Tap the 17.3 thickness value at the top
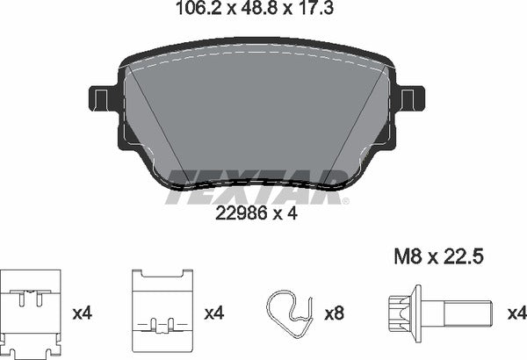pos(319,11)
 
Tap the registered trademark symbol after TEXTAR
pos(345,201)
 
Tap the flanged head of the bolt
pos(401,312)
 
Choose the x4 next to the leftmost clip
pos(83,312)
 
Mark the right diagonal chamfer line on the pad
pos(360,132)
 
